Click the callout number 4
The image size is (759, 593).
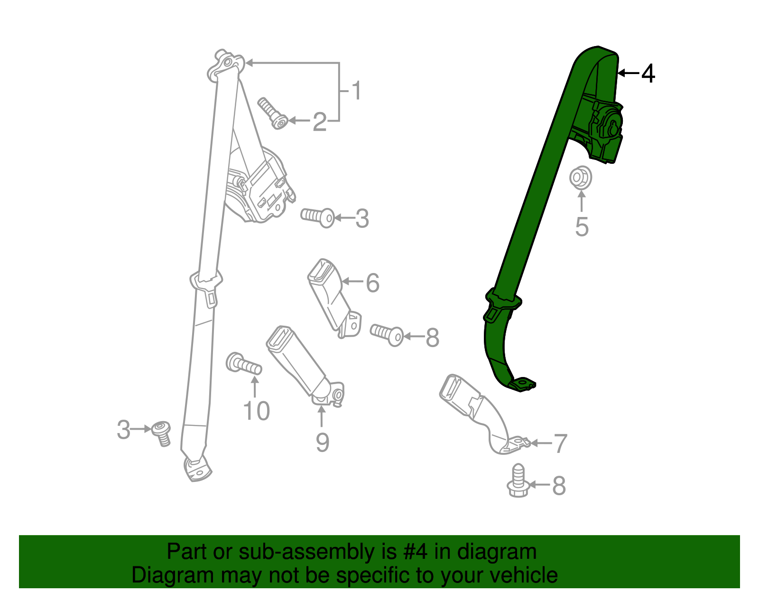click(x=648, y=74)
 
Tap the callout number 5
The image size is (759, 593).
click(x=582, y=226)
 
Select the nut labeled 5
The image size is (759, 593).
click(x=580, y=178)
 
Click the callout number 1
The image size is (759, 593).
click(x=356, y=91)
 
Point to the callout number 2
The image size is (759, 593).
click(x=320, y=122)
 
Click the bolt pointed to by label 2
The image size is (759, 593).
click(x=273, y=113)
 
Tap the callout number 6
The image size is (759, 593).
click(x=372, y=283)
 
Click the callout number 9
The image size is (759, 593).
click(x=323, y=442)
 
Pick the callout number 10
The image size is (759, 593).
click(x=256, y=411)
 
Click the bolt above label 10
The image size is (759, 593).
click(x=243, y=364)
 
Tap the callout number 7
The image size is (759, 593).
click(x=560, y=444)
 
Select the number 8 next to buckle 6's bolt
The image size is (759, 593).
click(x=432, y=338)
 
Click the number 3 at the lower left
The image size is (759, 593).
click(x=123, y=430)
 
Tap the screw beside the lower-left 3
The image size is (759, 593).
click(x=162, y=433)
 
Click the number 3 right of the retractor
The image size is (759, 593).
click(x=362, y=219)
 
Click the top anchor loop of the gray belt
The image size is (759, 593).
click(x=226, y=64)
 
